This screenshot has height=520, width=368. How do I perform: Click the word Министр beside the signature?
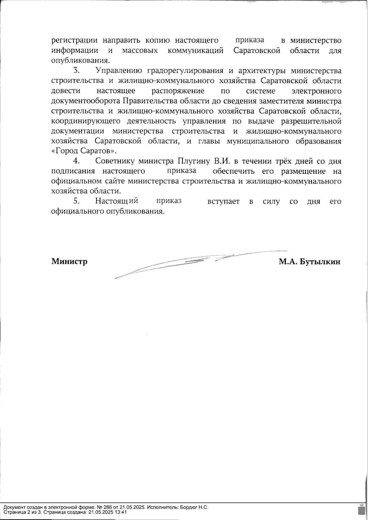[69, 262]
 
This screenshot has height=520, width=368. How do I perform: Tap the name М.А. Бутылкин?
[309, 262]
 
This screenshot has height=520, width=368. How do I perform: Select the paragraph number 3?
[76, 71]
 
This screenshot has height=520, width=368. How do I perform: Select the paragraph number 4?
[76, 161]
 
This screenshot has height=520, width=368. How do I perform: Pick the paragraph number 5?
[76, 201]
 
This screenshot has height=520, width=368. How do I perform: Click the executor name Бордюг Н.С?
[194, 507]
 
